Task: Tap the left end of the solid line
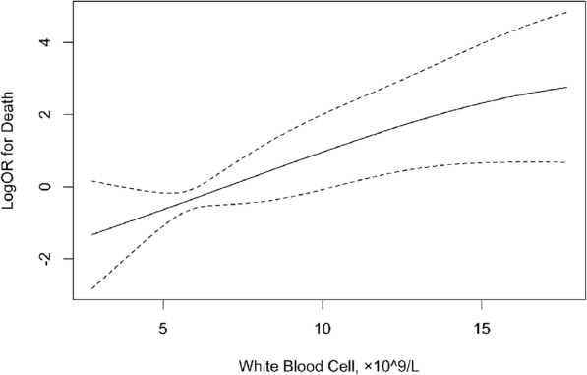click(x=91, y=234)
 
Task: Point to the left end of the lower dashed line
click(x=91, y=288)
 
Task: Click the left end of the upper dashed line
click(x=91, y=181)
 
